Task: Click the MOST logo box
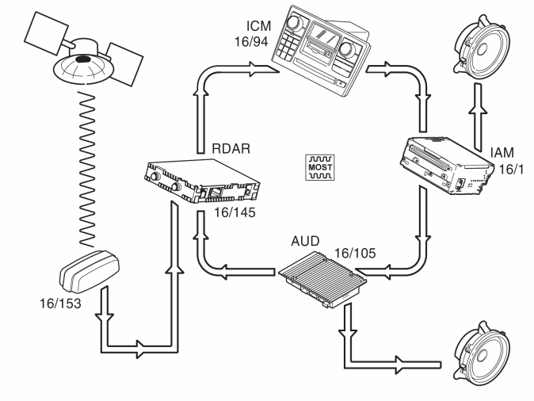320,167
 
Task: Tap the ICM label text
258,26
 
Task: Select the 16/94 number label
251,41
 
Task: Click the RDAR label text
231,148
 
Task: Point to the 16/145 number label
235,212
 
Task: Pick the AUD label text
305,241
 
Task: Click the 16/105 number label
355,253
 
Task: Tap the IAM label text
502,153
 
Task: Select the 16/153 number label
61,304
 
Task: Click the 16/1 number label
511,170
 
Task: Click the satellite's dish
83,69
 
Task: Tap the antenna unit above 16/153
90,272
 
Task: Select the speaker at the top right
482,46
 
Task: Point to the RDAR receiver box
202,181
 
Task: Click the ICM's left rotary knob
292,23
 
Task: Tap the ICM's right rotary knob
347,48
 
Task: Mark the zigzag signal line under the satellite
87,170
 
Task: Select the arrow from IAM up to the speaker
479,116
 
